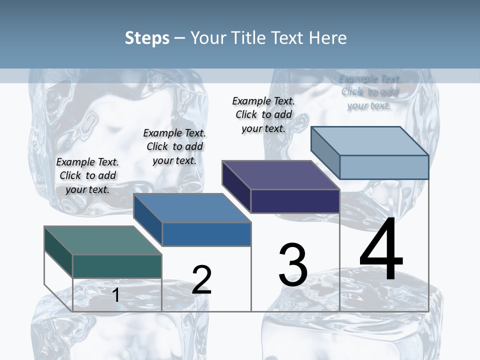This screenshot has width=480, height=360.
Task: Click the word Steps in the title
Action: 147,38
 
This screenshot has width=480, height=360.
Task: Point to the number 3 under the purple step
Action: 293,265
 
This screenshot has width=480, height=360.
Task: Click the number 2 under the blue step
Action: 201,280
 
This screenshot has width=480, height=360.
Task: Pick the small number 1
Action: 116,295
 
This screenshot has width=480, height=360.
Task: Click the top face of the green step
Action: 103,240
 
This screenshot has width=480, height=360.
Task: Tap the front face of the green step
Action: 117,266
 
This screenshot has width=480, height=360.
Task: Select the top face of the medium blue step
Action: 192,208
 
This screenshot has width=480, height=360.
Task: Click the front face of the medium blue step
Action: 206,234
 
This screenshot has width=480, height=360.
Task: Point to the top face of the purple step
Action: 280,175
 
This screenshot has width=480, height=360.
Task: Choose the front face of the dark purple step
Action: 295,201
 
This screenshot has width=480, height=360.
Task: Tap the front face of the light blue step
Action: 384,167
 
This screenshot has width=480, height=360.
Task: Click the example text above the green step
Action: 87,175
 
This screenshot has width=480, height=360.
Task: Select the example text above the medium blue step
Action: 174,146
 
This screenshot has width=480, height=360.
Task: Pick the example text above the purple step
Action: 263,114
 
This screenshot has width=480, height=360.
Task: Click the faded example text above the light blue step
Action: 369,92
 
